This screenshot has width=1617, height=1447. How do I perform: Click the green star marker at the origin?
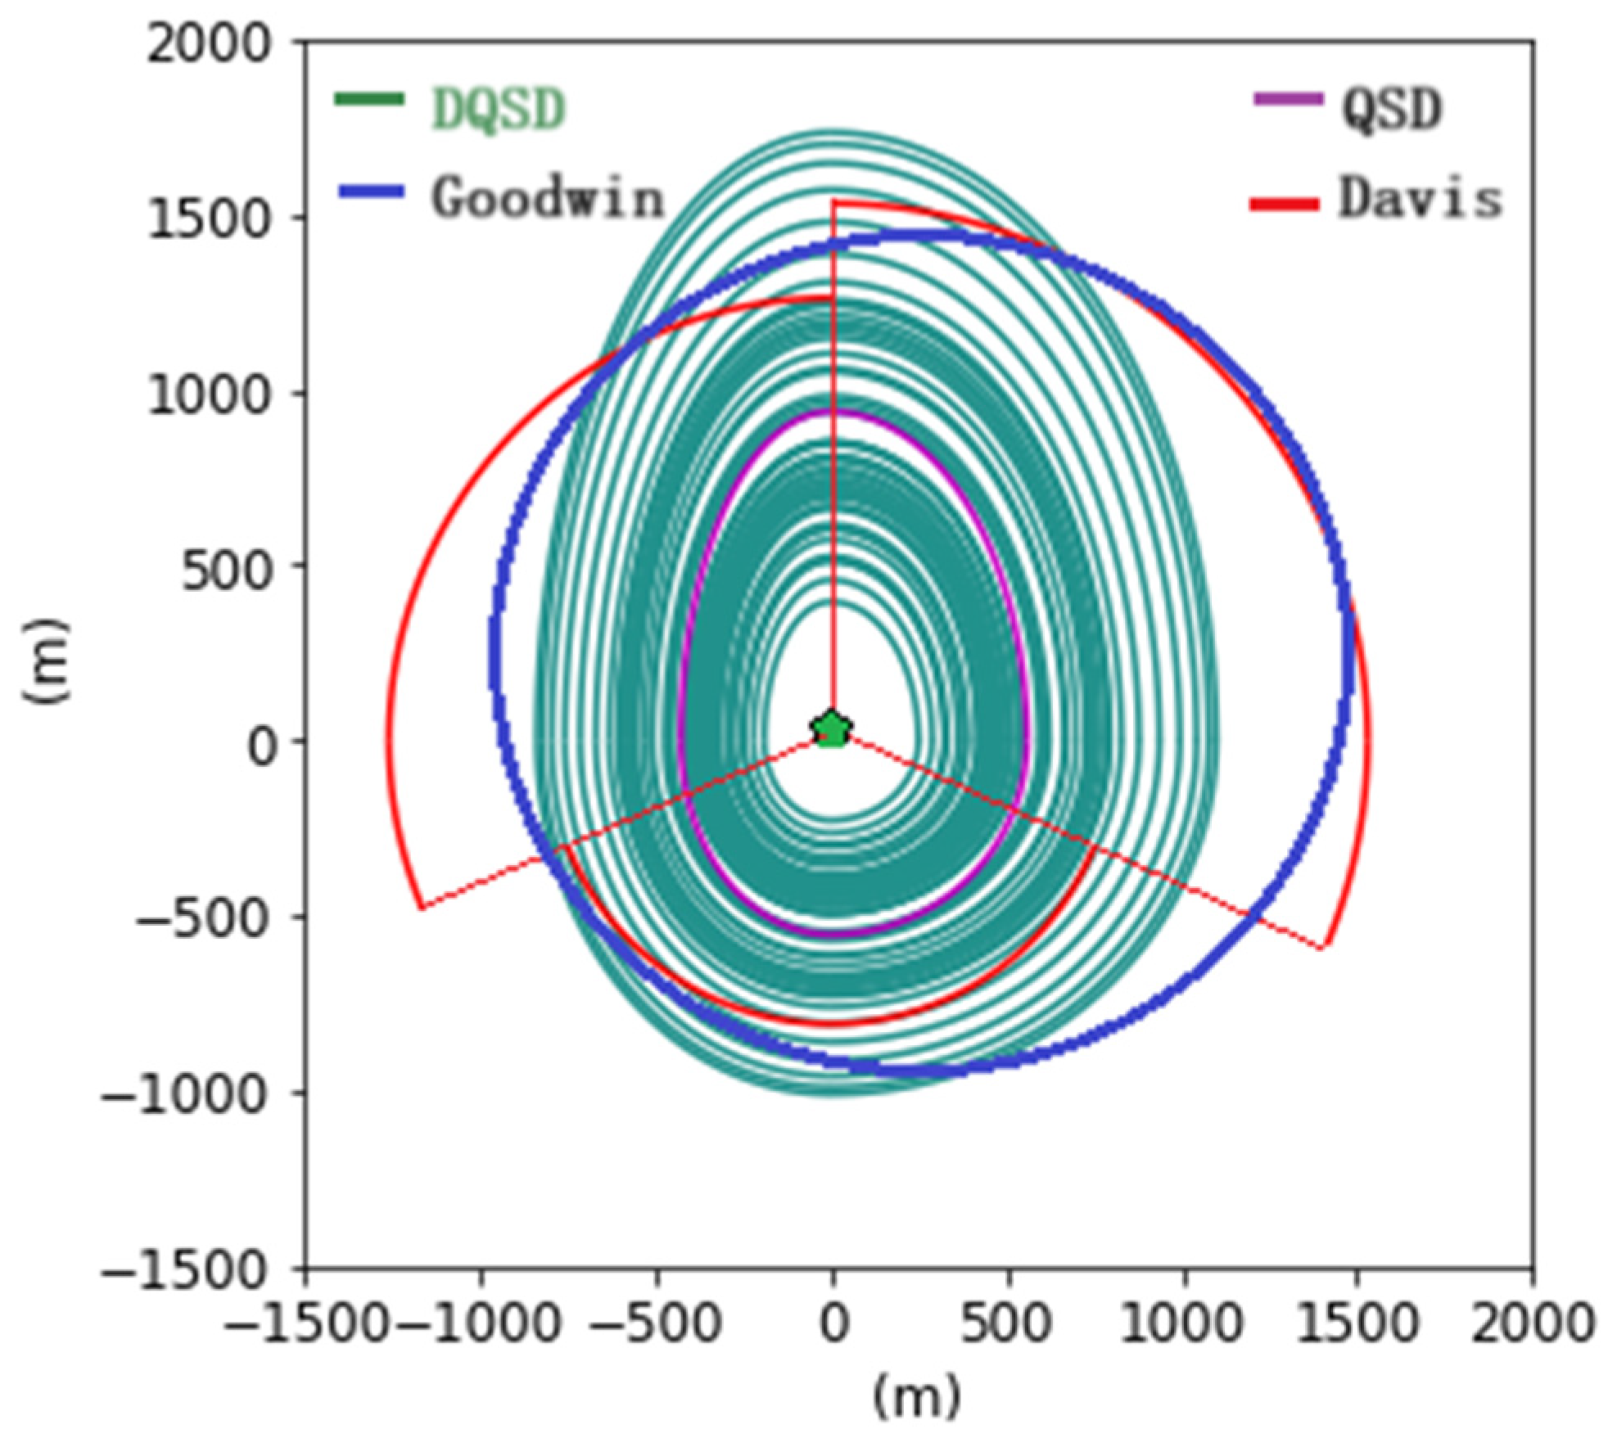pos(832,728)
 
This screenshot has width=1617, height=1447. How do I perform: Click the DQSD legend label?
pos(498,109)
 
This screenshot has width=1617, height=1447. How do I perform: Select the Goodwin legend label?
pos(547,198)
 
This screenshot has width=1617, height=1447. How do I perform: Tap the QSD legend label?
pos(1391,109)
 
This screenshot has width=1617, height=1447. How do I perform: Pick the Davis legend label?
pos(1421,198)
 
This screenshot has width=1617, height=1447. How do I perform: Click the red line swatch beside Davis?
pos(1285,203)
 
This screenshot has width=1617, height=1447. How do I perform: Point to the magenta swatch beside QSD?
pos(1288,101)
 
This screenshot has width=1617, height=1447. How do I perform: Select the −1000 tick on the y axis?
pos(185,1092)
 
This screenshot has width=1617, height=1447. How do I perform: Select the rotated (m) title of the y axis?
pos(47,660)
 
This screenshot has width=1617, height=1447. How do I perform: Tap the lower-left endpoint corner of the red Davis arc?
pos(421,907)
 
